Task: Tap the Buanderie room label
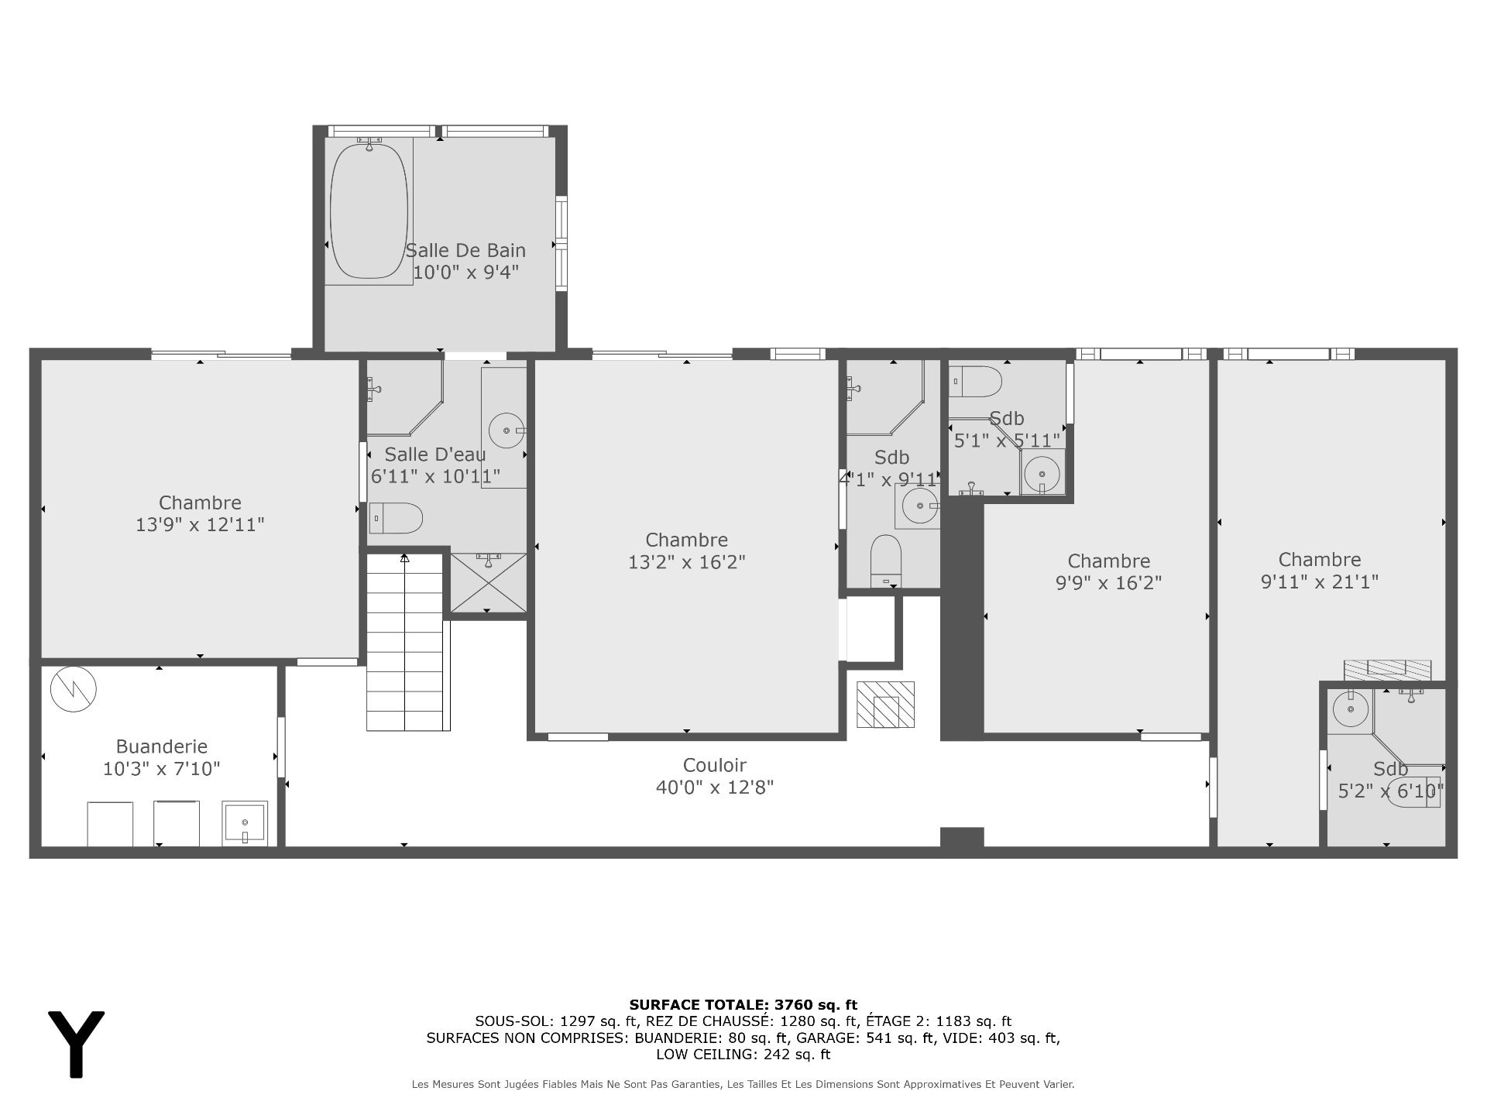[162, 747]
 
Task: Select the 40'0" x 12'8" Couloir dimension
[715, 787]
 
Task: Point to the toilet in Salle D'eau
[396, 518]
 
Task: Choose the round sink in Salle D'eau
[508, 431]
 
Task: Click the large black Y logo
[76, 1043]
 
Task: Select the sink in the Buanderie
[245, 823]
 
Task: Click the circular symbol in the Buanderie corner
[74, 688]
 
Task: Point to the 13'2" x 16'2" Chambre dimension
[687, 562]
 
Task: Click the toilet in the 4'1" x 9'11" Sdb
[887, 560]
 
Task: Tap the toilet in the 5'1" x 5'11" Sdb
[976, 382]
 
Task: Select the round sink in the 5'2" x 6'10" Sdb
[1351, 709]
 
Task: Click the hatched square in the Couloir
[885, 705]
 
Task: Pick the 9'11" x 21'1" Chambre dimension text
[1320, 582]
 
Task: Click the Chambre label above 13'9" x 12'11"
[201, 503]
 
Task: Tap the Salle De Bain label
[465, 250]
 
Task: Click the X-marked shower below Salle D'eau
[488, 582]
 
